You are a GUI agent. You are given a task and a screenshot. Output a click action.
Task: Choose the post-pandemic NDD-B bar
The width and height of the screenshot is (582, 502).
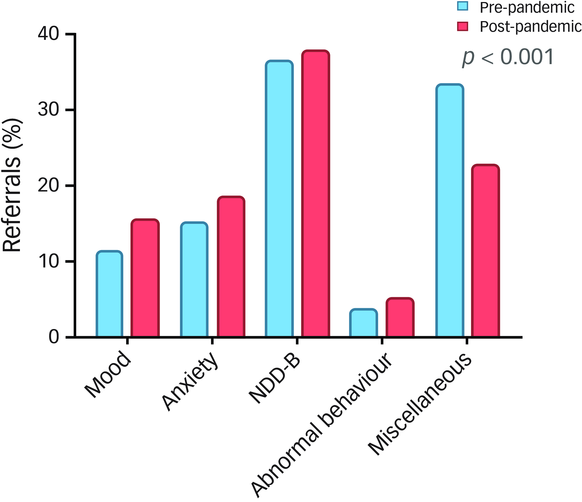point(316,194)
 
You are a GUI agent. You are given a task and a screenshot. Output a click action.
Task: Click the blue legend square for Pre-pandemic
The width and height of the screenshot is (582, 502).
point(462,5)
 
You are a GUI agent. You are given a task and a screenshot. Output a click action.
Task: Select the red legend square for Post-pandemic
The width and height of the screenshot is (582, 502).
point(462,26)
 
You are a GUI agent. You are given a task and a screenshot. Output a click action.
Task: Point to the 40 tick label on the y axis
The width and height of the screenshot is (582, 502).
point(48,34)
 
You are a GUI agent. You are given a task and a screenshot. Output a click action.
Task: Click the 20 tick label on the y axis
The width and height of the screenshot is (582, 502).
point(48,185)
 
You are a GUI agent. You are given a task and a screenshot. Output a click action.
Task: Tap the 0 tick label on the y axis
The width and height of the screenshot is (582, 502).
point(54,337)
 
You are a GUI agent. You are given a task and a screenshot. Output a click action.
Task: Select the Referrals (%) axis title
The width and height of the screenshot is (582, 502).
point(12,185)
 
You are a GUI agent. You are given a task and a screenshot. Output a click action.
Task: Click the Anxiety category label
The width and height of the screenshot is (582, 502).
point(190,381)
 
